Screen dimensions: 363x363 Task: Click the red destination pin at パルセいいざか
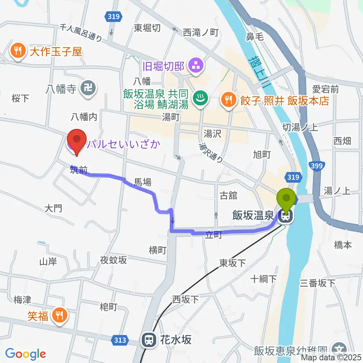click(77, 141)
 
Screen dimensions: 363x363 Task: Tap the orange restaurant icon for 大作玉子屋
click(18, 51)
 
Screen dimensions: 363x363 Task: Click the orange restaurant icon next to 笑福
click(59, 315)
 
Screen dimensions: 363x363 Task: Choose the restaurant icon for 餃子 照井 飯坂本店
click(228, 100)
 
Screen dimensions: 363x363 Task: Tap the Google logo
click(25, 354)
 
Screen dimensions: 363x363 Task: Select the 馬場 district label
click(143, 183)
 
